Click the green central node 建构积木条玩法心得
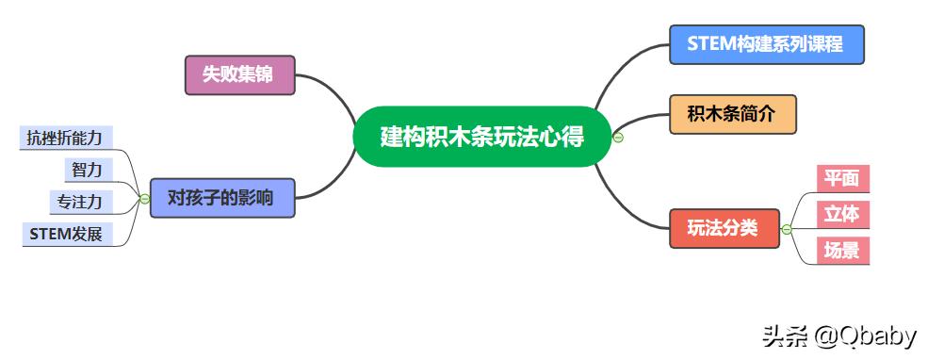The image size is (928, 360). coord(481,137)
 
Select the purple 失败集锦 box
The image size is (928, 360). coord(240,75)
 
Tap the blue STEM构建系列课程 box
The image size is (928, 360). coord(766,44)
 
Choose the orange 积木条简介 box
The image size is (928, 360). coord(732,114)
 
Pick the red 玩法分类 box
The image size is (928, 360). coord(724,228)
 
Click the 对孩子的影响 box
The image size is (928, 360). coord(221,198)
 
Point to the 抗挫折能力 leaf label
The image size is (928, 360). coord(65,138)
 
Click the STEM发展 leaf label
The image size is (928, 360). coord(66,234)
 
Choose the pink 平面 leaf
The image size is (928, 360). coord(841,178)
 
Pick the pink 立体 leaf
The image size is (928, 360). coord(841,214)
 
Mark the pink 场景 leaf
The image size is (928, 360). coord(841,250)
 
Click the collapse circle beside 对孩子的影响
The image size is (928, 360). coord(144,199)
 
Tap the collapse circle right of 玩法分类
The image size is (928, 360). coord(787,229)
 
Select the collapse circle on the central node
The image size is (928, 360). coord(618,138)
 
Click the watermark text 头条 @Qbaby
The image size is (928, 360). coord(838,335)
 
